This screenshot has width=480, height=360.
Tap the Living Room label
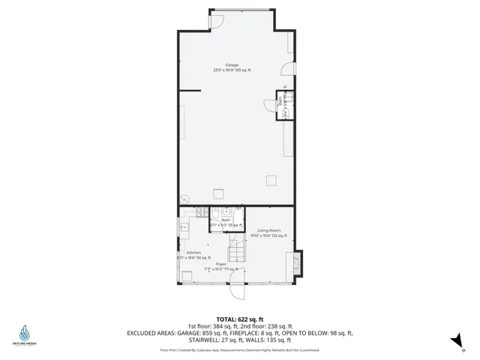tap(268, 230)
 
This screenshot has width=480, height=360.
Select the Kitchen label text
tap(193, 253)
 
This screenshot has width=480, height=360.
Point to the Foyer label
tap(221, 264)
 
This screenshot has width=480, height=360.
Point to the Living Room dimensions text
tap(268, 235)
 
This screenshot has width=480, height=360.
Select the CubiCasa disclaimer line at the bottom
tap(240, 350)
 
